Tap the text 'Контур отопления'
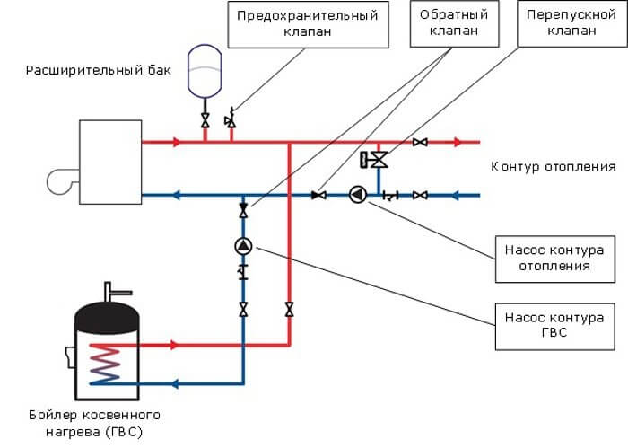pos(554,167)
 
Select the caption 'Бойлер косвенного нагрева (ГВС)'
pos(94,423)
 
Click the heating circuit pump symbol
pos(359,195)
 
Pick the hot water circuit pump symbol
pos(243,245)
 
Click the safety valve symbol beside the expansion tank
pos(231,117)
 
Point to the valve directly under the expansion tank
pos(205,119)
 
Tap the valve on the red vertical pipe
pos(289,310)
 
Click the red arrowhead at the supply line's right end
pos(458,142)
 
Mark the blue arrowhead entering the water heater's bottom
pos(177,383)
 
